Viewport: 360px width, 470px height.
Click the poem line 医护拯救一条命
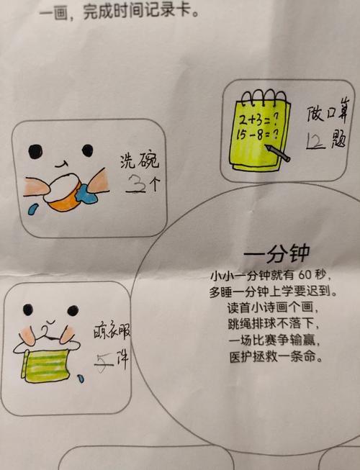pyautogui.click(x=269, y=356)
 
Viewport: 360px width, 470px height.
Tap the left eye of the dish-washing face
pyautogui.click(x=34, y=152)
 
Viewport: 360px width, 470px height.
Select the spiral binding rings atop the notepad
pyautogui.click(x=262, y=95)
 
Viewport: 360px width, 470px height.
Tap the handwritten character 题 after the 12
pyautogui.click(x=340, y=142)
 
